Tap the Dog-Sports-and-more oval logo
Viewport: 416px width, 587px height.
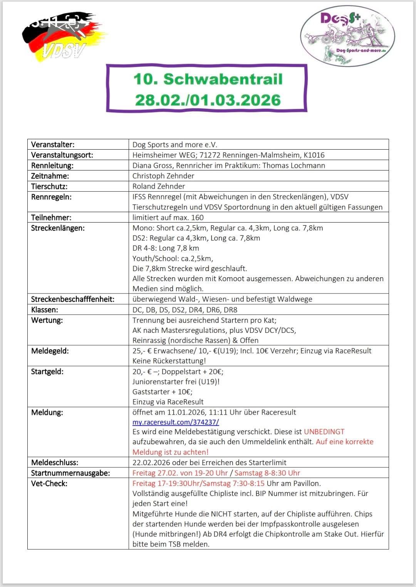(347, 35)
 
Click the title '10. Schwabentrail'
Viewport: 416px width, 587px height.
(208, 79)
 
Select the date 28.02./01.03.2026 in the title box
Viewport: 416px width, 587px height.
(208, 100)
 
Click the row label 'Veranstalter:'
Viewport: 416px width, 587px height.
(53, 145)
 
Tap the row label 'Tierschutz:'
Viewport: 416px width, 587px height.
(49, 186)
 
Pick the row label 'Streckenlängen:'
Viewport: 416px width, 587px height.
(58, 228)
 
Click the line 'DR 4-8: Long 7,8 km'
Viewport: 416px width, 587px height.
(166, 248)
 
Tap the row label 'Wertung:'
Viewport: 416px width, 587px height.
(47, 320)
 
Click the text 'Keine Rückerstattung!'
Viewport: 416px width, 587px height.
(169, 361)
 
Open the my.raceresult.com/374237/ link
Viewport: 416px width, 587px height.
(176, 422)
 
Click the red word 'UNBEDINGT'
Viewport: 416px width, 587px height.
(324, 432)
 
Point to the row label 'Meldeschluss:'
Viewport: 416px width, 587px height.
(55, 462)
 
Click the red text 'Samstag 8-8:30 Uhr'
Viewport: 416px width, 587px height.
(267, 473)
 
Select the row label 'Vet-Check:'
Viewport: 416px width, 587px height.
(49, 483)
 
